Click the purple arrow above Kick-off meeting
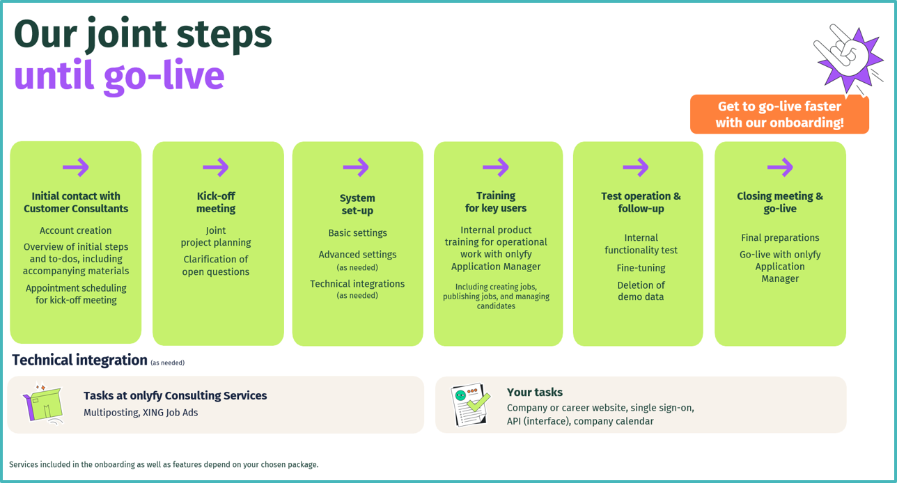(216, 167)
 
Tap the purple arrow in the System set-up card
(356, 167)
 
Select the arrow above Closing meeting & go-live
(780, 167)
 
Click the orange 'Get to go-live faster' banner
(779, 115)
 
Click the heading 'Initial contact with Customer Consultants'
(76, 203)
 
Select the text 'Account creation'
(76, 230)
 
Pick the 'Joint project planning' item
(216, 237)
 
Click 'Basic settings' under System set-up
(357, 233)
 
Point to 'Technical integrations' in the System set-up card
(357, 284)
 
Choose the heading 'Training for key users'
(496, 202)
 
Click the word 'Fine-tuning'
(641, 268)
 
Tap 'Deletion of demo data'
(641, 291)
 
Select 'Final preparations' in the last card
(780, 238)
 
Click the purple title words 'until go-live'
(119, 76)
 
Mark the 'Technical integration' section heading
(79, 360)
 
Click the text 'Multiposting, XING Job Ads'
(141, 413)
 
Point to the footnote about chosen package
(164, 464)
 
